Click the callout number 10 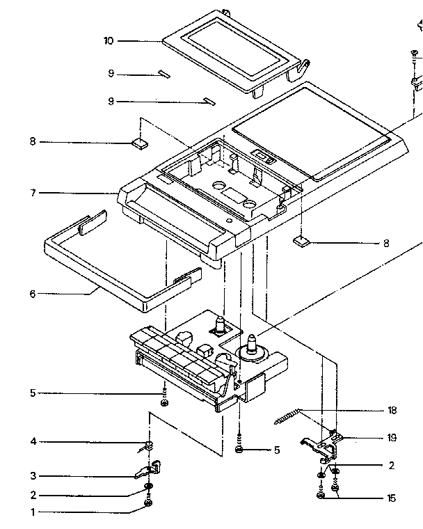pos(109,41)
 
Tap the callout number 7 pos(32,193)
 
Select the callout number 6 pos(32,294)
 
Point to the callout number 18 pos(392,410)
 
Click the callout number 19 pos(392,438)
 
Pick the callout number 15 pos(392,498)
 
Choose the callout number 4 pos(32,441)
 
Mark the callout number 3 pos(32,477)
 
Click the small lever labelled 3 pos(147,470)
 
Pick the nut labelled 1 pos(147,503)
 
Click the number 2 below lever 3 pos(32,496)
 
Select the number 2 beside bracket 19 pos(392,465)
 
